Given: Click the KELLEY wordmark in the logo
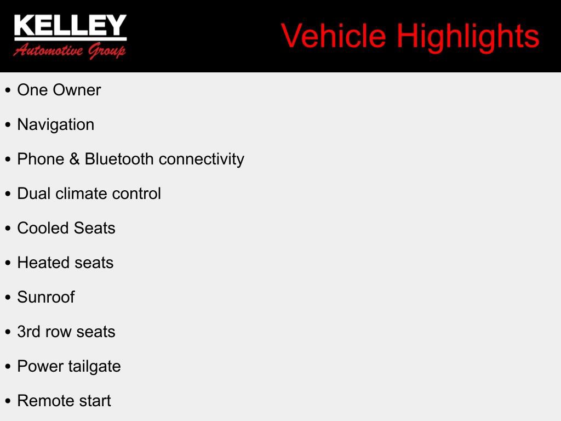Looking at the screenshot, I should click(70, 26).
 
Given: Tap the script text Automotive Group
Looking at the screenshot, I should click(70, 51).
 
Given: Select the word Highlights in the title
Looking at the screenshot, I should click(468, 36).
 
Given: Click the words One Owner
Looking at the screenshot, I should click(59, 90).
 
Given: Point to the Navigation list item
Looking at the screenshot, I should click(56, 124).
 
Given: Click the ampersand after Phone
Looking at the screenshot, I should click(75, 159).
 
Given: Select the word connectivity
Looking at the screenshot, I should click(201, 159).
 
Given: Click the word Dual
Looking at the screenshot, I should click(34, 194).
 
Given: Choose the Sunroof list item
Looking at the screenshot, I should click(46, 297).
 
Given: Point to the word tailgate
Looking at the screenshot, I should click(94, 366).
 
